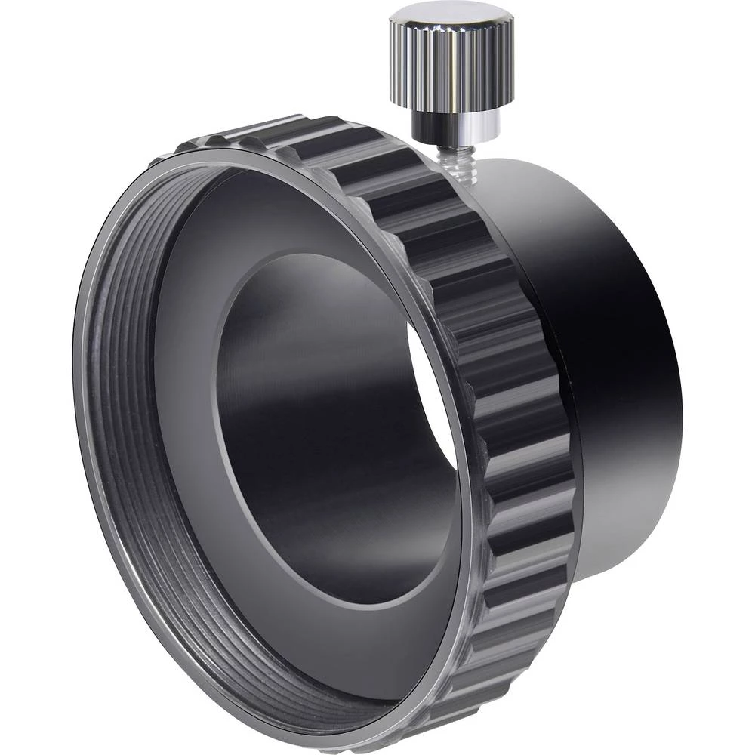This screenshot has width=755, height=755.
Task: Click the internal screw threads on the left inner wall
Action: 113,423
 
